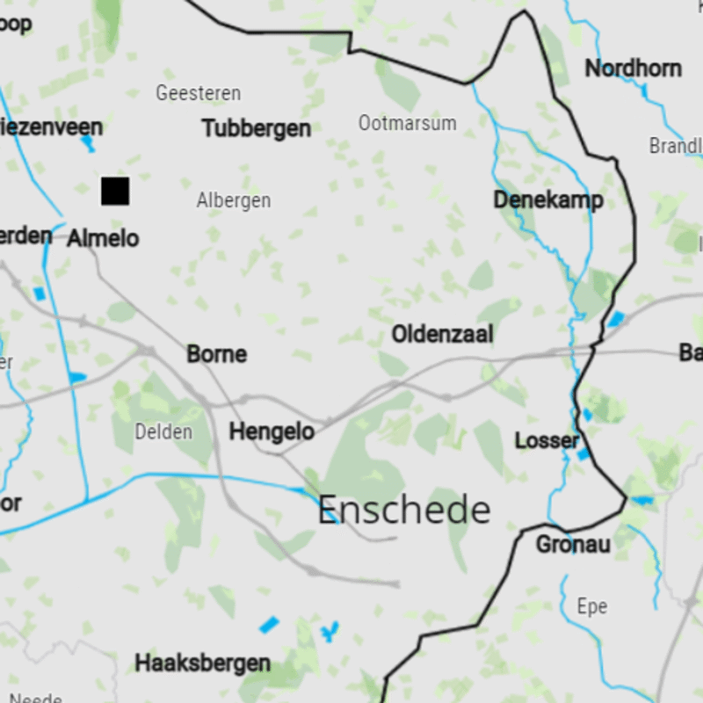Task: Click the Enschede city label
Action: coord(403,510)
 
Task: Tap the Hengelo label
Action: coord(272,431)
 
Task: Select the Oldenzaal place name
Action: coord(442,334)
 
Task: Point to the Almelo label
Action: coord(103,237)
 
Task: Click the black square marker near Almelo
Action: coord(115,191)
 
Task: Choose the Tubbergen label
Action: coord(257,128)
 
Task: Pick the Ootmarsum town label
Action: coord(407,123)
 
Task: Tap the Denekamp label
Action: coord(548,200)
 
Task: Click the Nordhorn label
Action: coord(633,69)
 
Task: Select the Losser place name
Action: coord(547,440)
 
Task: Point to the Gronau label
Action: coord(573,545)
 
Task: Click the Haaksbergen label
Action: coord(203,663)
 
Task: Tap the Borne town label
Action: coord(216,354)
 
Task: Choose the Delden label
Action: coord(163,431)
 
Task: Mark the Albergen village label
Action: coord(234,201)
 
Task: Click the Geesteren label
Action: coord(198,93)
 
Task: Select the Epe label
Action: coord(591,606)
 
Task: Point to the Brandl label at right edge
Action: coord(676,146)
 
